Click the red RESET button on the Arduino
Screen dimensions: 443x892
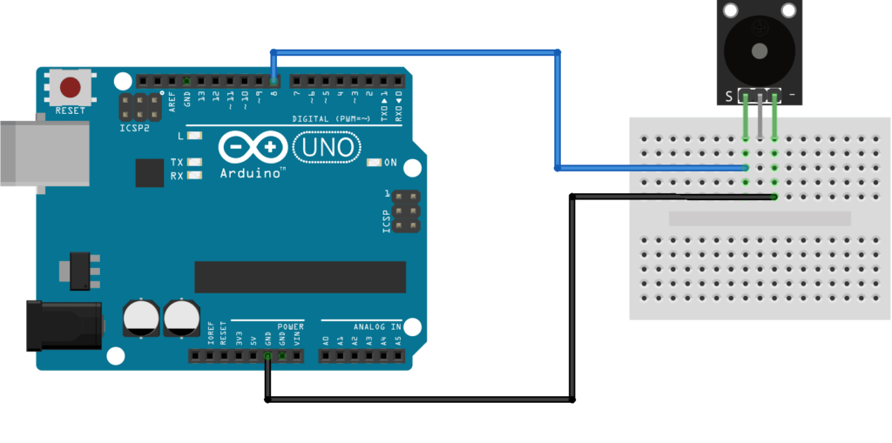pos(71,87)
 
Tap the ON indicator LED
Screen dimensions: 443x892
pos(375,163)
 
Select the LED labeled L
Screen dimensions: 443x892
pos(194,137)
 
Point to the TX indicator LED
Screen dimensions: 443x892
pos(194,162)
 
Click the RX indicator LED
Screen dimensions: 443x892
pos(194,175)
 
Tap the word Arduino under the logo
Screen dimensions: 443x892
pos(251,172)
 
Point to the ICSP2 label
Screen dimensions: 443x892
pos(135,127)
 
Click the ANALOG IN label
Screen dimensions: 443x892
pos(376,327)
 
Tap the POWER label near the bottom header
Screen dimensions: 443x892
pos(291,327)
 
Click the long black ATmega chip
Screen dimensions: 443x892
pos(300,277)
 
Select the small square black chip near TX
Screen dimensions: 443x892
pos(151,172)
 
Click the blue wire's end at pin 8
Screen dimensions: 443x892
pos(274,81)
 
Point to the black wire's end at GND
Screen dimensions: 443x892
pos(268,356)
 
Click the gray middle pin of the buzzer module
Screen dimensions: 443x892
pos(760,114)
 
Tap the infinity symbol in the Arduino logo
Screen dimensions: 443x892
pos(253,147)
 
